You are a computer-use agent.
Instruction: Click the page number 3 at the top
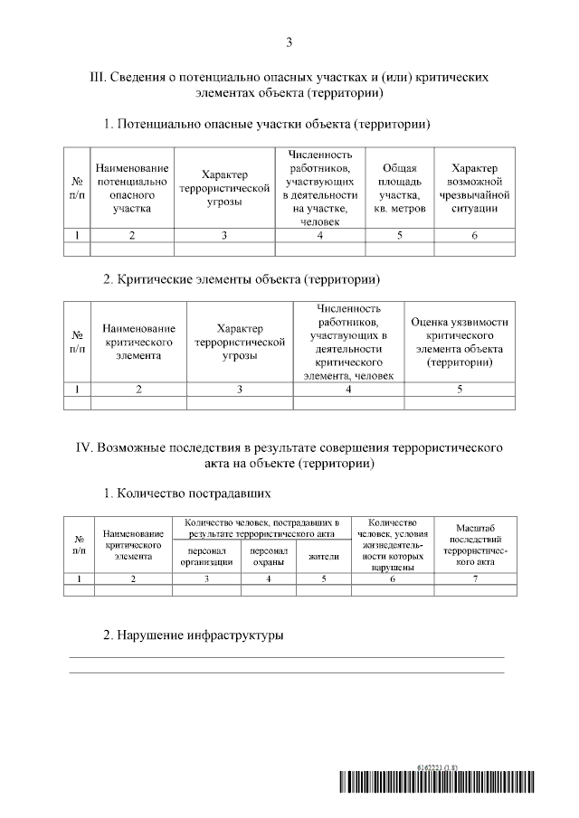(289, 42)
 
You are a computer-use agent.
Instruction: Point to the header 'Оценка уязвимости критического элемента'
(460, 342)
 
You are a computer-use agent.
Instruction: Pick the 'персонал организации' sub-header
(206, 556)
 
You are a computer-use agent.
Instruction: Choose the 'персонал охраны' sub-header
(269, 556)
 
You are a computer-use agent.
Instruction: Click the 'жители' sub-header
(324, 557)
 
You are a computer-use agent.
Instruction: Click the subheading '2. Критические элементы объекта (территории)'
(240, 277)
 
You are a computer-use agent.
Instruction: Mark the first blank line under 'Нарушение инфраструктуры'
(289, 656)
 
